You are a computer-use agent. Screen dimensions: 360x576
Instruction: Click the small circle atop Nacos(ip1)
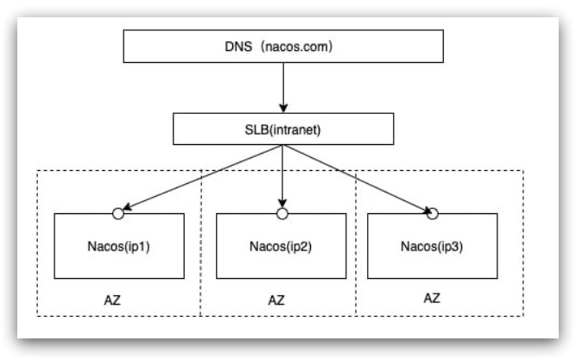point(118,212)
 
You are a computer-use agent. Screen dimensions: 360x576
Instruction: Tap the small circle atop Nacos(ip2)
point(281,212)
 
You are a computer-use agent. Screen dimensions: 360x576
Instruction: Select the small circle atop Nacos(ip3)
point(434,212)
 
